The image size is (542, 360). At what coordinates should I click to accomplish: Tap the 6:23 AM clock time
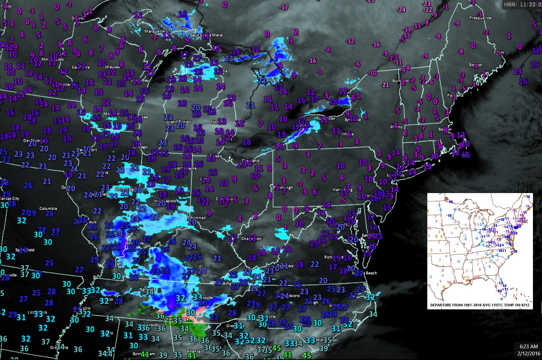point(529,347)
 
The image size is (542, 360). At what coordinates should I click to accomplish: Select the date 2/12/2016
point(529,353)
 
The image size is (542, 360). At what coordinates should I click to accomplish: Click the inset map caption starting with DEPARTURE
point(480,305)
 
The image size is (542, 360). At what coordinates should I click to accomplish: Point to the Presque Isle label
point(480,18)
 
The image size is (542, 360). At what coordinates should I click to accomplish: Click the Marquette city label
point(155,31)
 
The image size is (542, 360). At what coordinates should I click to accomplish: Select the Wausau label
point(112,67)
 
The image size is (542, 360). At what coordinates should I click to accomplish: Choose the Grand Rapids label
point(178,122)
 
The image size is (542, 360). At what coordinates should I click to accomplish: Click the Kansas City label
point(10,198)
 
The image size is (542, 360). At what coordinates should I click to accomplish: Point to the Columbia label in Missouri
point(48,208)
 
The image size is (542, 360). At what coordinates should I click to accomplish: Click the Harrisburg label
point(343,189)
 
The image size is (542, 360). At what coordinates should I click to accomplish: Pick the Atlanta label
point(194,351)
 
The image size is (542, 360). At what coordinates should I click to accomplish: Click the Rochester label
point(325,118)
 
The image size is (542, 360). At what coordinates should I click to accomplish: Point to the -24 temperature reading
point(401,9)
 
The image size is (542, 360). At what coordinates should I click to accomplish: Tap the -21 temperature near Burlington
point(384,85)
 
